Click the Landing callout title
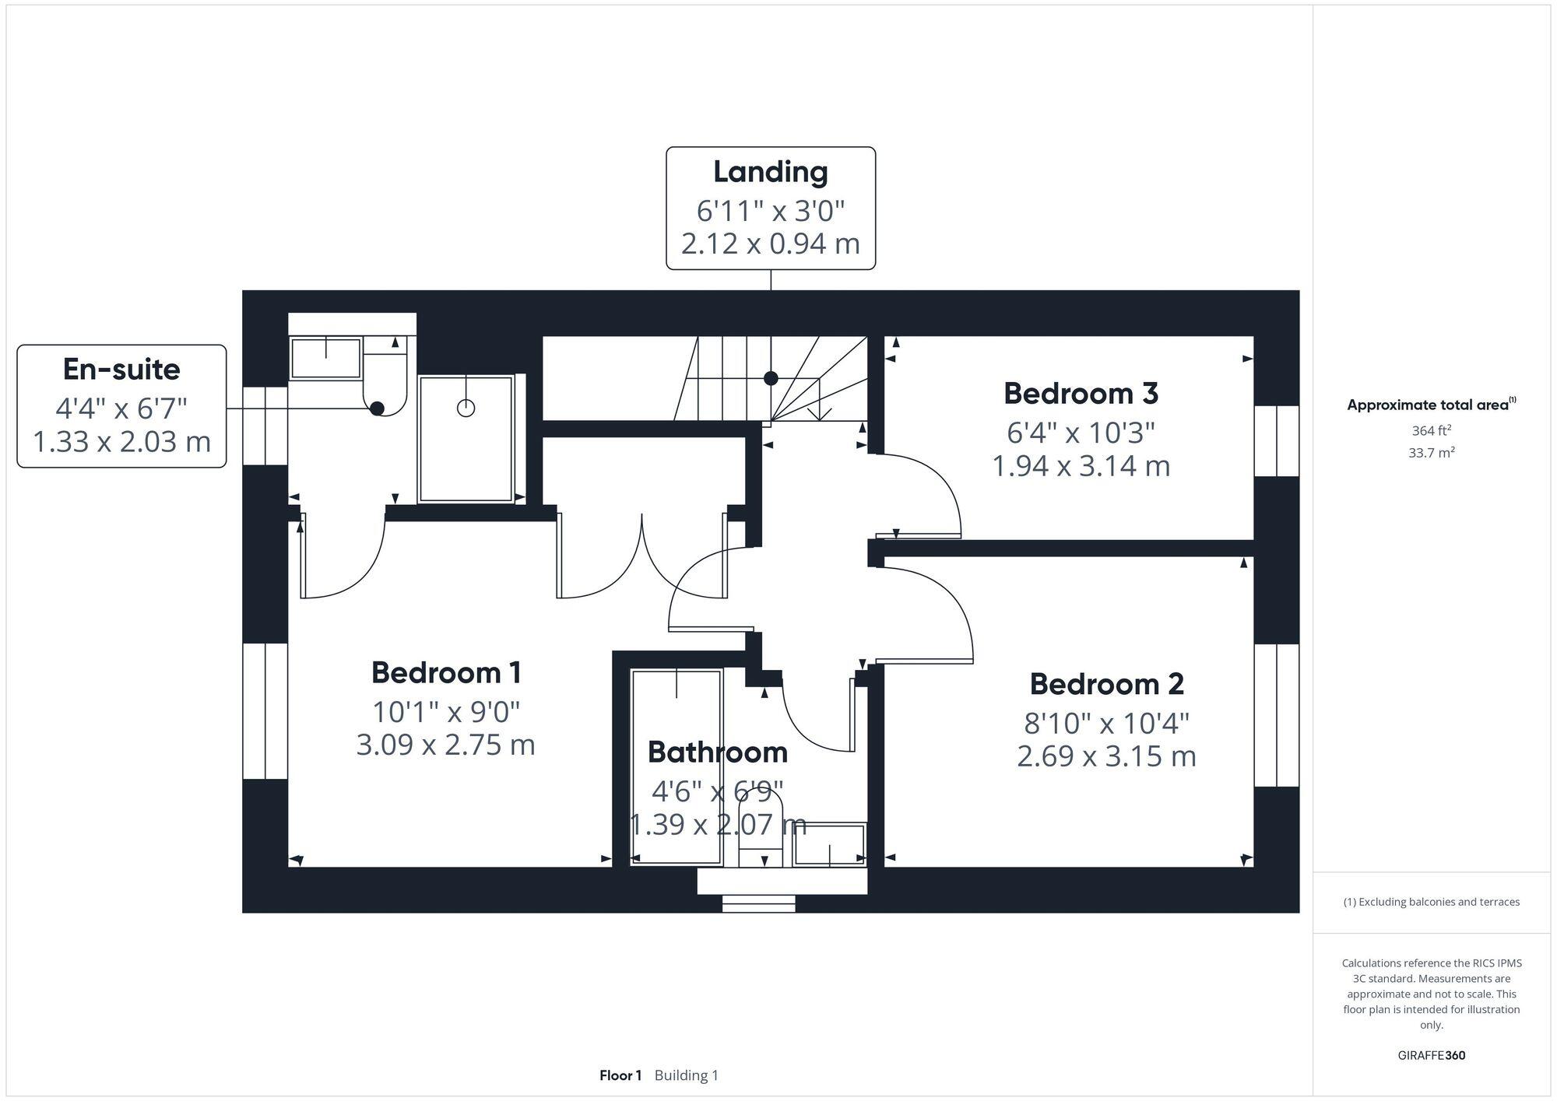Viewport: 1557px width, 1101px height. (770, 172)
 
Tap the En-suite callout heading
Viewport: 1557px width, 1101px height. (121, 370)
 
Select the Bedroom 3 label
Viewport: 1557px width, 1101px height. (1081, 394)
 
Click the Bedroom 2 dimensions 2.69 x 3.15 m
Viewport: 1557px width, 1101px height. (1106, 756)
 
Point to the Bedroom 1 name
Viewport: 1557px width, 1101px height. (446, 673)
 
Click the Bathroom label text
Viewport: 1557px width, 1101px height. (717, 752)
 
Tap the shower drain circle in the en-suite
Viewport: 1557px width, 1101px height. (466, 408)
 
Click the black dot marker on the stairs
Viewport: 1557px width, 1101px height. (771, 378)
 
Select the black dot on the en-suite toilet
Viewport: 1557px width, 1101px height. (378, 408)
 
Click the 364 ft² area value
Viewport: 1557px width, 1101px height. (1431, 430)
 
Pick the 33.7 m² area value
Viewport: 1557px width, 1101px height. (1431, 453)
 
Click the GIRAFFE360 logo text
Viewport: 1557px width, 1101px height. (1431, 1056)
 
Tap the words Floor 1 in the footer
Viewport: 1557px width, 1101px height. (620, 1075)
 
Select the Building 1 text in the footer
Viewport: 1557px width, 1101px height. (686, 1075)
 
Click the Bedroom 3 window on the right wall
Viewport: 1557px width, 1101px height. (1277, 441)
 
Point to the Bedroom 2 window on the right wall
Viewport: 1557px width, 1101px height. (1277, 715)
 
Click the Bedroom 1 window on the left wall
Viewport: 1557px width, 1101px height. (265, 710)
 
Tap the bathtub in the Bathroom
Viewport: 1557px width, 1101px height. (677, 766)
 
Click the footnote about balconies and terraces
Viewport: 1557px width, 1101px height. (1431, 902)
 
